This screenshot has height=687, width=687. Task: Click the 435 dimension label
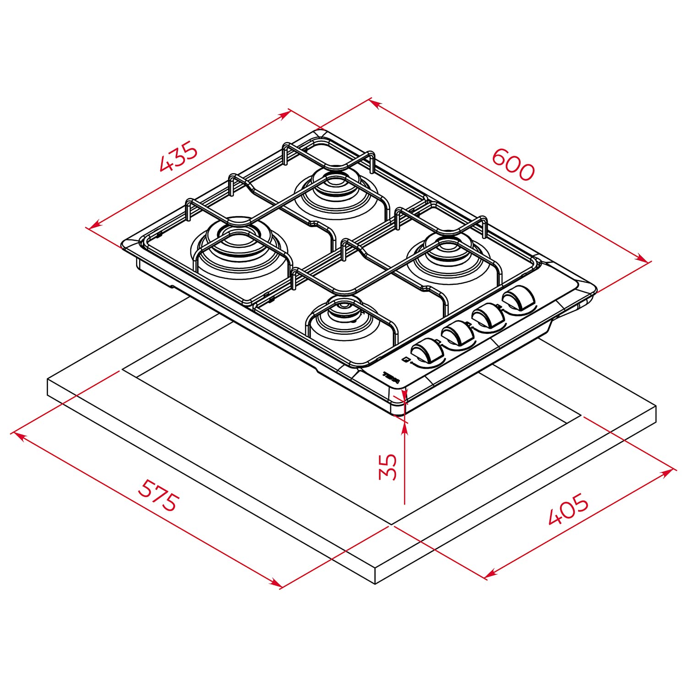coord(179,158)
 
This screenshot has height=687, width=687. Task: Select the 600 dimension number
coord(513,165)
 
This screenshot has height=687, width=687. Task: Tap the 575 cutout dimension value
coord(157,496)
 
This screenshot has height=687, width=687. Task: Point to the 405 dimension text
coord(568,509)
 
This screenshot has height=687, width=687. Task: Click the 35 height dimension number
coord(388,466)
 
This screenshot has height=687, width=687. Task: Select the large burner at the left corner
coord(238,245)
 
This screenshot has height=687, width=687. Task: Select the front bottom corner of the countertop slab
coord(376,583)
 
